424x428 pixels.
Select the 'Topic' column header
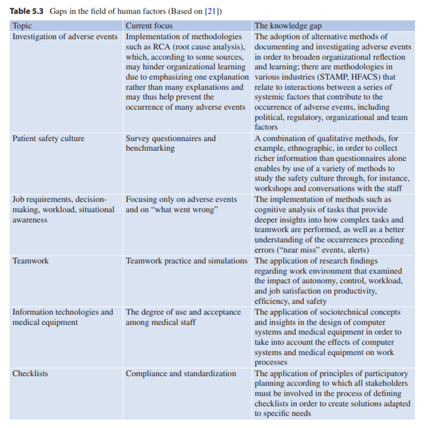click(x=22, y=26)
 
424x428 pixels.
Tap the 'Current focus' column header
click(x=149, y=26)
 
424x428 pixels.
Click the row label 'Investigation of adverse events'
click(x=65, y=36)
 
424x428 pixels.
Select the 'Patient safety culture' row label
click(x=48, y=139)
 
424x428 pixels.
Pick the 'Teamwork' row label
click(x=30, y=261)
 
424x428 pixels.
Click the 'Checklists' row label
click(x=30, y=374)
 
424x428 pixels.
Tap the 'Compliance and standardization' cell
click(x=180, y=374)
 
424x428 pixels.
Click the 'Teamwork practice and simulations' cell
click(x=186, y=261)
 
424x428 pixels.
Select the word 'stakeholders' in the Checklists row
click(x=386, y=384)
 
